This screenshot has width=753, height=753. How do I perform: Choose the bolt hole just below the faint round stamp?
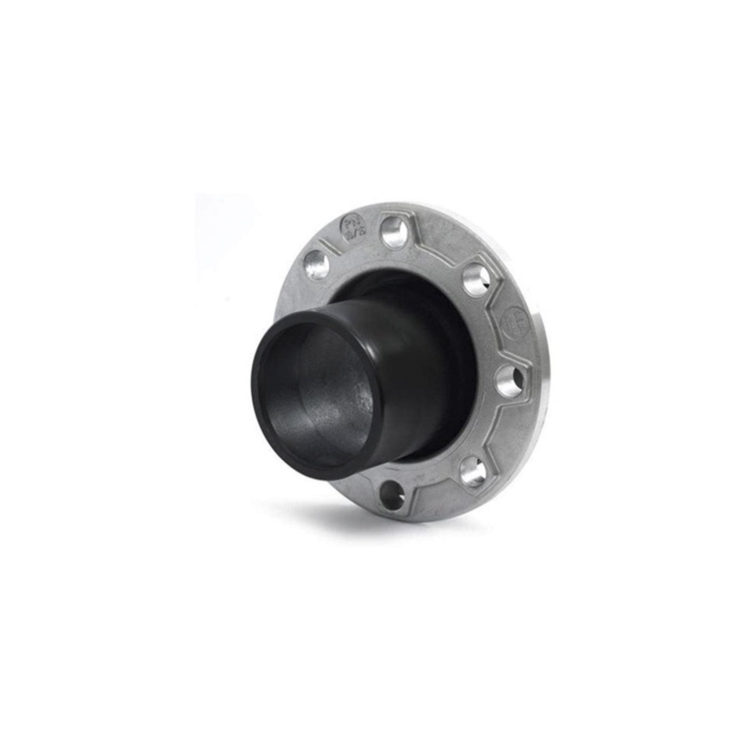pos(512,376)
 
